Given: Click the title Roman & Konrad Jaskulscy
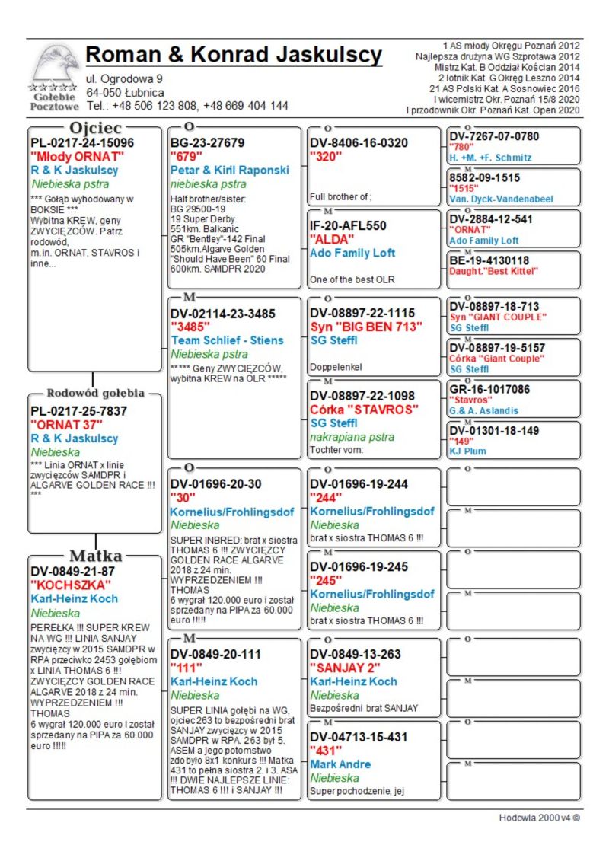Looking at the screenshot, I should coord(234,55).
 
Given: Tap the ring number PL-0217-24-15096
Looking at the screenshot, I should coord(82,142).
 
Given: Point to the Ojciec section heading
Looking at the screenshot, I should coord(95,127).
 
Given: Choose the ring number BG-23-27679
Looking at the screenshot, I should coord(207,142).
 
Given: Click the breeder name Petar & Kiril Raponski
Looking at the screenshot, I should coord(230,170).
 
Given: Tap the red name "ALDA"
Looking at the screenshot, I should coord(329,239).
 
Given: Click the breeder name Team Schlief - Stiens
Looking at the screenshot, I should coord(227,340).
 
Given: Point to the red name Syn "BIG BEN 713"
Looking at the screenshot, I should coord(366,327).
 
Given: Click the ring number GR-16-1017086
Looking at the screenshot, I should coord(489,389).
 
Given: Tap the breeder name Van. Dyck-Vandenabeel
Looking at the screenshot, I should coord(501,199).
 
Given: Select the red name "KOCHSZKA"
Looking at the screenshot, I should coord(71,585).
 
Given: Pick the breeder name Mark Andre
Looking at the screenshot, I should coord(340,764).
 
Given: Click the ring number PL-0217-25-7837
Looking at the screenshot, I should coord(78,411).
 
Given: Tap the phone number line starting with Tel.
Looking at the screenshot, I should coord(187,106).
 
